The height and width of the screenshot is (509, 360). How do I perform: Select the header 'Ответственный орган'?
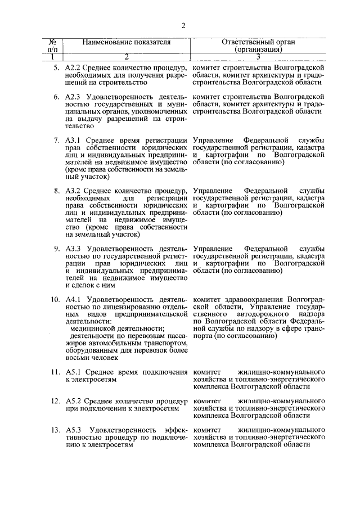pos(258,42)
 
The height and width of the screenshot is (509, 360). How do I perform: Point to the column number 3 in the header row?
pos(258,56)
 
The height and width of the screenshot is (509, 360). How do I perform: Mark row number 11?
pos(55,372)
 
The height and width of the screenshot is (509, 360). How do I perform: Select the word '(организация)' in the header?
pos(258,49)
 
